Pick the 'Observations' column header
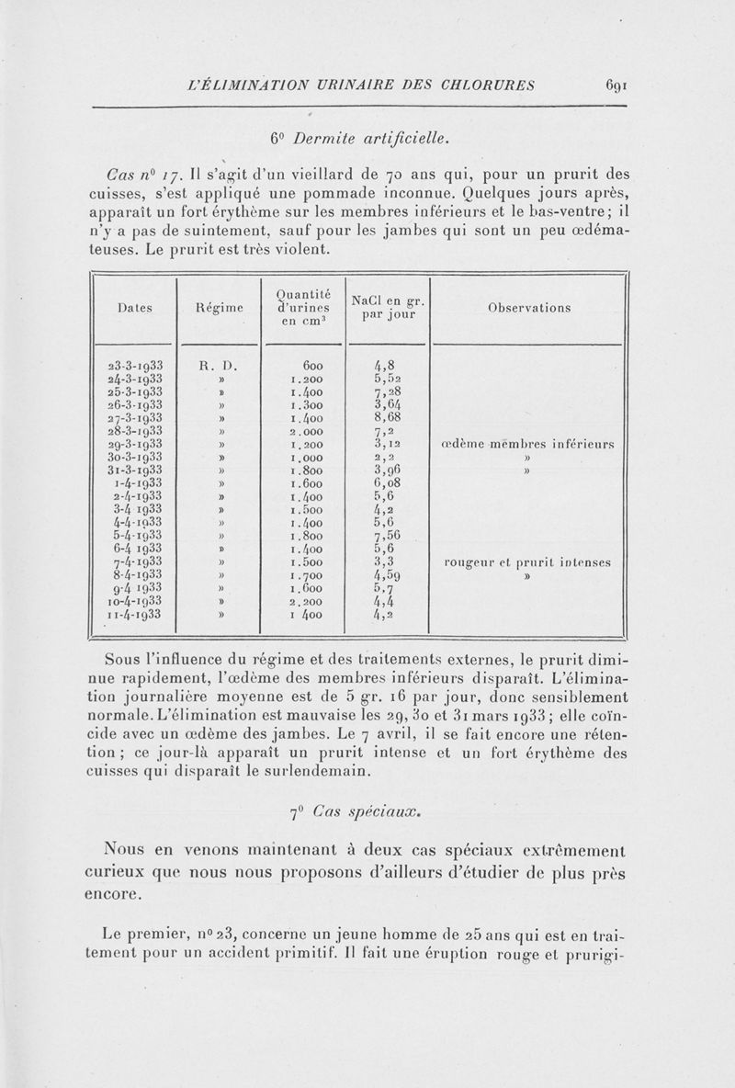(x=529, y=308)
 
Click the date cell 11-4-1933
(x=135, y=615)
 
